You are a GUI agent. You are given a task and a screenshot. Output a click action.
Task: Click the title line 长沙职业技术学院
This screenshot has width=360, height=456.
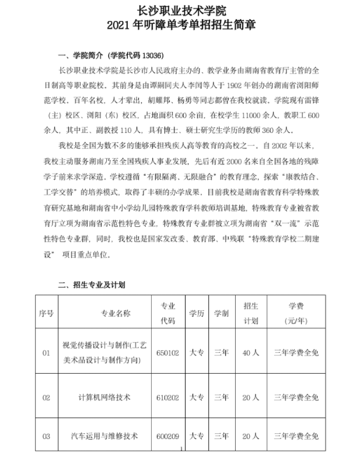pos(181,10)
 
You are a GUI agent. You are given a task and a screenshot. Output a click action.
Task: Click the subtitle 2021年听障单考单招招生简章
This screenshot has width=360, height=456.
pos(181,26)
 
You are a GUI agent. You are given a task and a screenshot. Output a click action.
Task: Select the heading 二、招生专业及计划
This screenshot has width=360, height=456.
pos(91,285)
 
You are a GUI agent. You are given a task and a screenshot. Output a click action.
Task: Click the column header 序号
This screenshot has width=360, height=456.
pos(46,313)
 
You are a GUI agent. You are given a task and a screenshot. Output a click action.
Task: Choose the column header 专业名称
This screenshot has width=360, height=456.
pos(103,313)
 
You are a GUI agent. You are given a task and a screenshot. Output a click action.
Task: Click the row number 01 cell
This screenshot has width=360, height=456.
pos(46,353)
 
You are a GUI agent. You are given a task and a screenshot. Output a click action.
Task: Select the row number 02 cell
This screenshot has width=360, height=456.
pos(46,397)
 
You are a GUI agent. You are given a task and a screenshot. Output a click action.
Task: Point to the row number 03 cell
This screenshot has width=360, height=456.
pos(46,436)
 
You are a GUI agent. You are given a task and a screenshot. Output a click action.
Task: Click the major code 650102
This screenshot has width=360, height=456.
pos(167,353)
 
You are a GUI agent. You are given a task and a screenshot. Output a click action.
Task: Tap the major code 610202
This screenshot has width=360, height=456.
pos(167,397)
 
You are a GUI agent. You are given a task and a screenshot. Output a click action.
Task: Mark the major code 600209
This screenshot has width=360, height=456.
pos(167,436)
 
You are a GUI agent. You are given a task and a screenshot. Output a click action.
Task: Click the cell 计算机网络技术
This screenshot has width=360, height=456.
pos(103,397)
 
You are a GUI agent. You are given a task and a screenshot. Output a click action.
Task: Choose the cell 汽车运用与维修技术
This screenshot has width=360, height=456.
pos(103,436)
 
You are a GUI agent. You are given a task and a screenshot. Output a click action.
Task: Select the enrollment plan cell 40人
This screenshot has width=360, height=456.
pos(250,353)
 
